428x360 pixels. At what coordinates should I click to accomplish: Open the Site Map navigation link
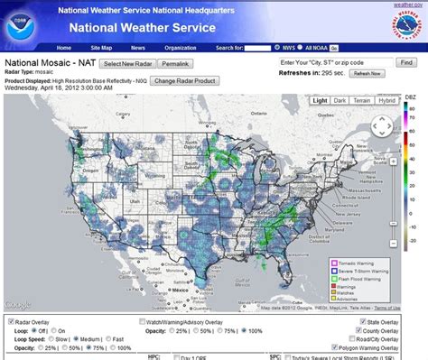[99, 48]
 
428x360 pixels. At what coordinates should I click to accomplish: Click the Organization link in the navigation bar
[180, 48]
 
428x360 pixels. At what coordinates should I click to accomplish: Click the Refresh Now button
[367, 73]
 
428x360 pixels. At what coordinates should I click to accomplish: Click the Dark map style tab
[340, 101]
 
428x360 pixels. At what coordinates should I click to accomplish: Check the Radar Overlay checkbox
[10, 319]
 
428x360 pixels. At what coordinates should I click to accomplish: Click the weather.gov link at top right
[407, 5]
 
